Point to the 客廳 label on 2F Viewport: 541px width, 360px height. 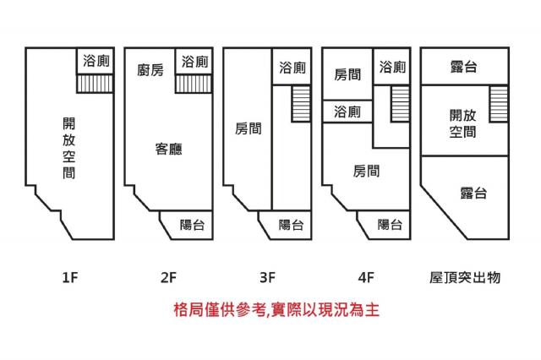pos(168,150)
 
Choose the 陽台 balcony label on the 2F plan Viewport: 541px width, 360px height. pos(193,225)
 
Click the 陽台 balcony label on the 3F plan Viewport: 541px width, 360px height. pos(292,225)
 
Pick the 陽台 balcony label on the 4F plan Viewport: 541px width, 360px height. pos(390,225)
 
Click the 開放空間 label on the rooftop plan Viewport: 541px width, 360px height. pos(462,123)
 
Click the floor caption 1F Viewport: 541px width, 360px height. pos(70,275)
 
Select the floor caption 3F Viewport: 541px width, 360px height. pos(268,275)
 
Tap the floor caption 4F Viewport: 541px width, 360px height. pos(366,275)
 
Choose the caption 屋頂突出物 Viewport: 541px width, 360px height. pos(465,275)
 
